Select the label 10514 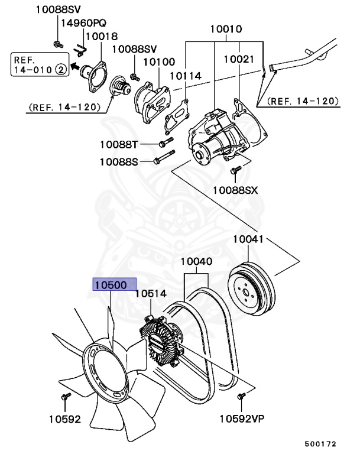click(151, 293)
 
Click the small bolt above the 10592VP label click(241, 395)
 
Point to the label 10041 click(251, 240)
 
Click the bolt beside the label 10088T click(165, 144)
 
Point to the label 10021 click(239, 59)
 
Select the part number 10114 click(186, 76)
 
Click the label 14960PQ click(82, 23)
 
